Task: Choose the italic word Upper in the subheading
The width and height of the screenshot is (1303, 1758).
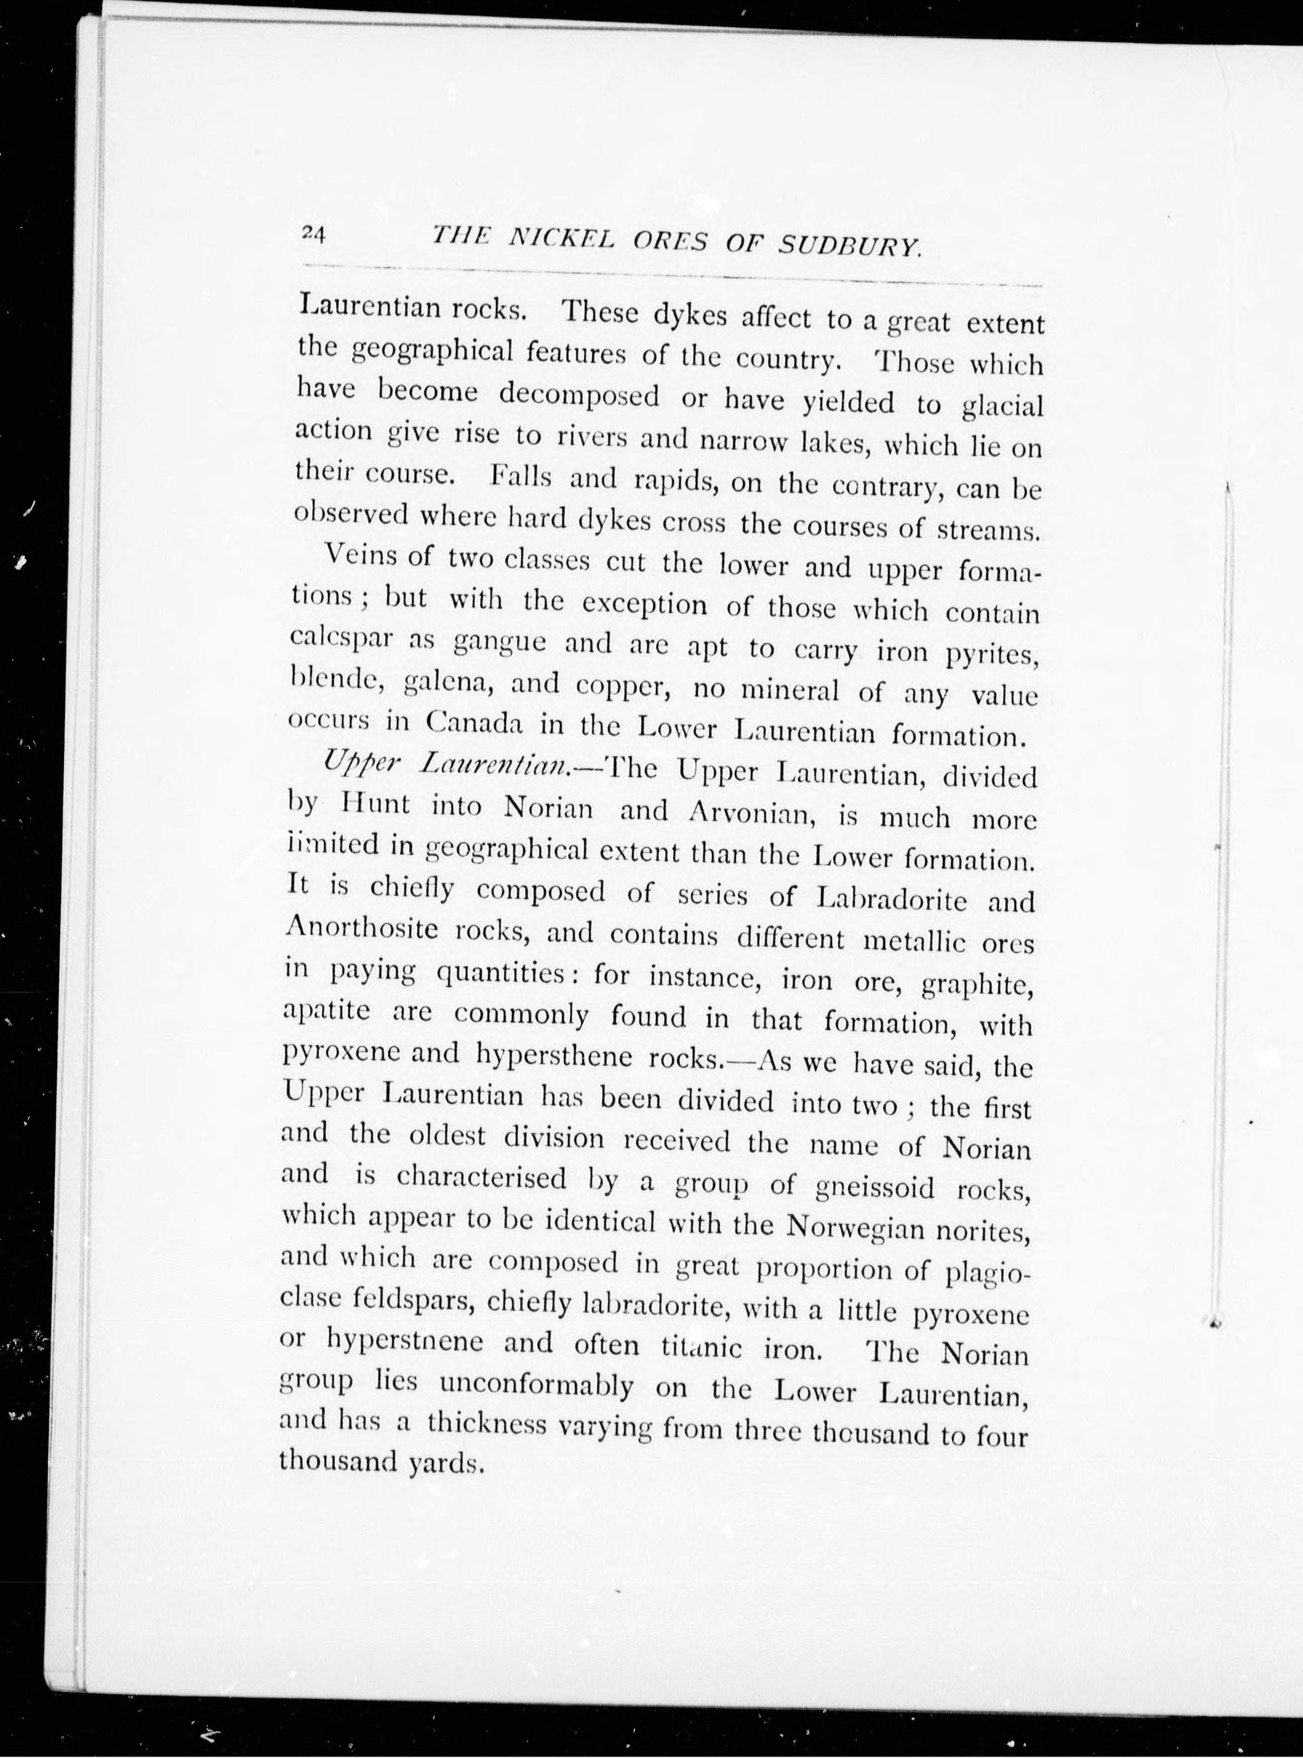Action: (x=353, y=762)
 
